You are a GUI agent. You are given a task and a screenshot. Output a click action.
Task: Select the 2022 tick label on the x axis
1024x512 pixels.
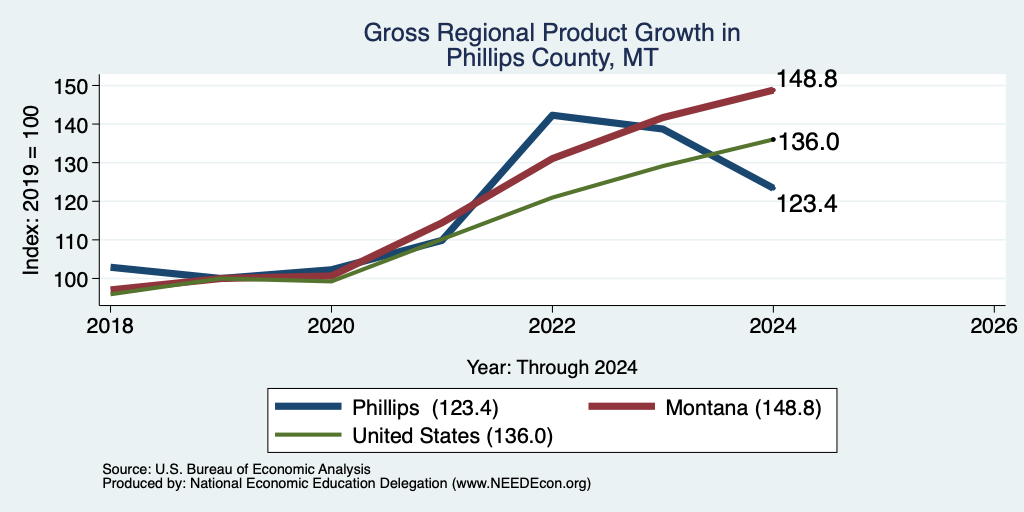[x=552, y=326]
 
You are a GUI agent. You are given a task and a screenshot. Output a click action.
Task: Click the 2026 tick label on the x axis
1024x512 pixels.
[x=995, y=326]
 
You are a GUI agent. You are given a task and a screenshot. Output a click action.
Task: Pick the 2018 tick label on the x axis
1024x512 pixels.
[x=110, y=326]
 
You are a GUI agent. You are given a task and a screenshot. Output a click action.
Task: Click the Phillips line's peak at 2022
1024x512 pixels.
[x=552, y=116]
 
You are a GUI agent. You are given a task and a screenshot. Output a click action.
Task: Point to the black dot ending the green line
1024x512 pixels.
[x=773, y=138]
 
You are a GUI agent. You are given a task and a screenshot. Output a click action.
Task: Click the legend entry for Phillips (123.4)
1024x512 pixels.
[x=387, y=408]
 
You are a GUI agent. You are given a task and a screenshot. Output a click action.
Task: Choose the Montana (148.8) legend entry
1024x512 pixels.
[x=705, y=408]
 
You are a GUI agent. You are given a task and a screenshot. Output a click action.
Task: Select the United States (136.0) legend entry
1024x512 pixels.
[x=414, y=436]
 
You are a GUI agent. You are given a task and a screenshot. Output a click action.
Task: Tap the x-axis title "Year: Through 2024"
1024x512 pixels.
[x=552, y=368]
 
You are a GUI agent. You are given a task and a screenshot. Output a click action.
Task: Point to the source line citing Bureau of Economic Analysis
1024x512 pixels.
[x=236, y=469]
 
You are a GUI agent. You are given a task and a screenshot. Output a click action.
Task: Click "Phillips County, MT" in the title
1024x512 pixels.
[x=552, y=58]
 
